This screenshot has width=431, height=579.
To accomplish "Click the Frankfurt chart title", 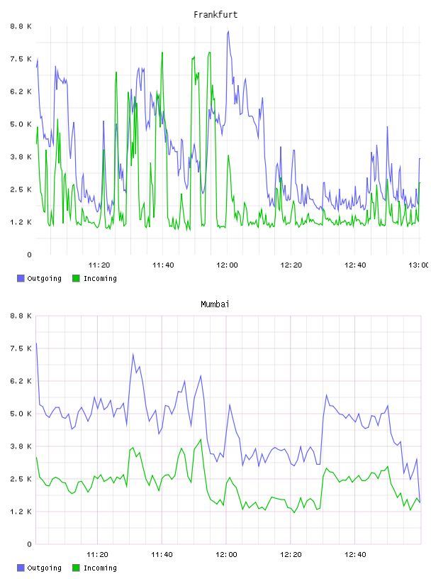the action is click(216, 15).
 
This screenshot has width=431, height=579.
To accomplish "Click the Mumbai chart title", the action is click(215, 304).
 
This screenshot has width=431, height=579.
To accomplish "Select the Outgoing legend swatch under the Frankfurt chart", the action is click(21, 278).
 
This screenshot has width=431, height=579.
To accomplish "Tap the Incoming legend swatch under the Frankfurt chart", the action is click(76, 278).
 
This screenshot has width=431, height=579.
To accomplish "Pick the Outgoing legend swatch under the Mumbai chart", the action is click(21, 568).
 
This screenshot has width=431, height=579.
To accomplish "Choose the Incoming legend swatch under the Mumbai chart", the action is click(76, 568).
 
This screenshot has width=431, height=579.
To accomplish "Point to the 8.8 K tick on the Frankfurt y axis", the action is click(21, 26).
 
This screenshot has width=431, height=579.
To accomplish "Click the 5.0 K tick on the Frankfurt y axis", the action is click(21, 124).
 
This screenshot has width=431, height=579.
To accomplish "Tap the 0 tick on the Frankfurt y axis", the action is click(29, 255).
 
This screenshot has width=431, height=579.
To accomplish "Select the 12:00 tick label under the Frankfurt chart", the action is click(227, 265).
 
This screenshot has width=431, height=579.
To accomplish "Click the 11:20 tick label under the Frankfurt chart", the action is click(99, 265).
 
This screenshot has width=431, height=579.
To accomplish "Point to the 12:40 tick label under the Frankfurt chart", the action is click(355, 265).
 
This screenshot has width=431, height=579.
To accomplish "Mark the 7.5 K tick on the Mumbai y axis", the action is click(21, 348).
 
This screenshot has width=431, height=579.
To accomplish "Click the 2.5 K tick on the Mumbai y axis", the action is click(21, 479).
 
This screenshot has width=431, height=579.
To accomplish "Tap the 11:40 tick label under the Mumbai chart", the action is click(162, 555).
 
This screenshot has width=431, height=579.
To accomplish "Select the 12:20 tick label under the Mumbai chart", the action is click(291, 555).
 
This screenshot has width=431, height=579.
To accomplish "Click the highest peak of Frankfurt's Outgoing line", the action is click(228, 32).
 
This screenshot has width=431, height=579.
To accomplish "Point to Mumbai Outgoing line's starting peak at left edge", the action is click(36, 343).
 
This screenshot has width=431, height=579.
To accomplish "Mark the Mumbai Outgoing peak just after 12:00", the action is click(230, 404).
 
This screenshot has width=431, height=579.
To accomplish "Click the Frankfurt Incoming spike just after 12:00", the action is click(228, 155).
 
